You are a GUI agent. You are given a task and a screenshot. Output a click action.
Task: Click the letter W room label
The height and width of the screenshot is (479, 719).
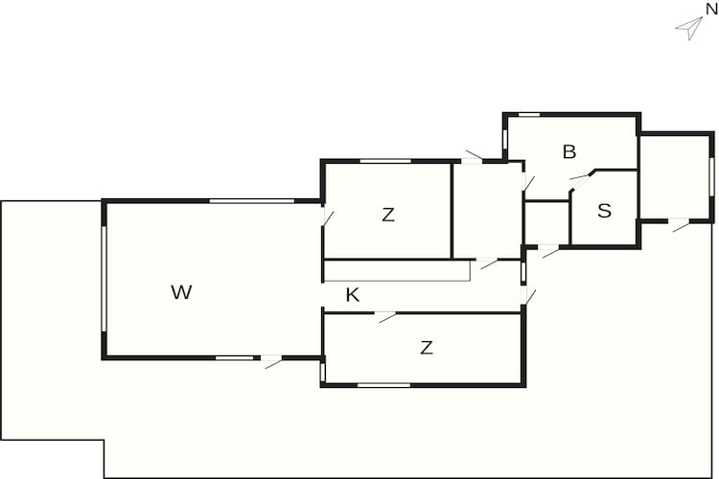[181, 292]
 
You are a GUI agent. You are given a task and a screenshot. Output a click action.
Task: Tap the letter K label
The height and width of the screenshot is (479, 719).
[352, 295]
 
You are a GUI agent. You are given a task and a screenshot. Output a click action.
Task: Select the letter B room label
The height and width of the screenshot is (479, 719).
[569, 151]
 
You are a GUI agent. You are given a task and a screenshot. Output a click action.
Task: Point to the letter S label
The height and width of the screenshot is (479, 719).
[604, 211]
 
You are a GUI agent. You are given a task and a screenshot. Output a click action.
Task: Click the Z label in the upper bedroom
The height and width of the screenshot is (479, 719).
[388, 215]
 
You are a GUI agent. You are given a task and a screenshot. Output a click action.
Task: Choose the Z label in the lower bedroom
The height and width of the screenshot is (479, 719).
[426, 348]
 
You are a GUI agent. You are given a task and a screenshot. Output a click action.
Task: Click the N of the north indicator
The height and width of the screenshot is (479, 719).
[711, 10]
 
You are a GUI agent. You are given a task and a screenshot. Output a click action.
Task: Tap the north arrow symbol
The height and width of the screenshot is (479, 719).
[689, 28]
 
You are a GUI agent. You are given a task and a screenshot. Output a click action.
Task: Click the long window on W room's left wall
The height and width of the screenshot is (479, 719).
[104, 279]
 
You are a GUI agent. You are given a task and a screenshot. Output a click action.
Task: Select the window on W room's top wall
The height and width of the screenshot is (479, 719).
[252, 201]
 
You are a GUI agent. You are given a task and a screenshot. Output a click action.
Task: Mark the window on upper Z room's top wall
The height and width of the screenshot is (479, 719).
[385, 161]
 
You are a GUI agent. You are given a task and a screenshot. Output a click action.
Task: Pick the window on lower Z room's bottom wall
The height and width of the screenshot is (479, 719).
[383, 385]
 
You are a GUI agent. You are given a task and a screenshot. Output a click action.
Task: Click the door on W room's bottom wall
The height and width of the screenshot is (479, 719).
[272, 361]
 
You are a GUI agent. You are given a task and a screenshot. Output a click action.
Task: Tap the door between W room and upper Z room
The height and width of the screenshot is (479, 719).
[327, 217]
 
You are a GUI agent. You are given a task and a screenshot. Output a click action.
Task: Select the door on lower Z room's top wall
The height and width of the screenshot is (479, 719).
[386, 316]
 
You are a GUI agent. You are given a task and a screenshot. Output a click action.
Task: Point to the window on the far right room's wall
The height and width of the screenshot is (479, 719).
[711, 177]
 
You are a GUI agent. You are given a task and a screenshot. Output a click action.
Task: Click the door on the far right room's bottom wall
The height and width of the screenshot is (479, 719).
[680, 224]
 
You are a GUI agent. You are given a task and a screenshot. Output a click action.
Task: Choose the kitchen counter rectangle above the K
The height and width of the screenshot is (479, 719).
[397, 270]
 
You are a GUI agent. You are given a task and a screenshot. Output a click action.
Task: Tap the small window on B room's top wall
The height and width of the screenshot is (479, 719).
[528, 115]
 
